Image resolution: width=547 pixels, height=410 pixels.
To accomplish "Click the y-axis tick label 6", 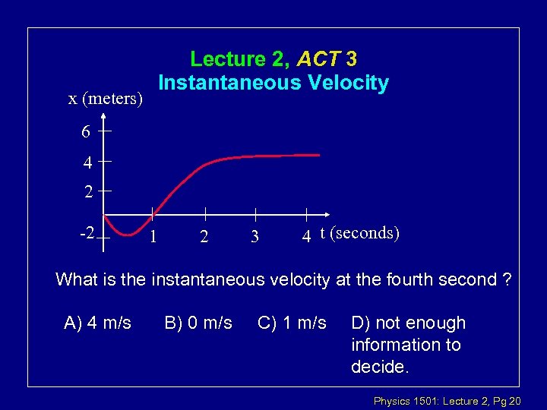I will pyautogui.click(x=86, y=132).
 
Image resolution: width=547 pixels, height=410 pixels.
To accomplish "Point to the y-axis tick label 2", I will pyautogui.click(x=89, y=192).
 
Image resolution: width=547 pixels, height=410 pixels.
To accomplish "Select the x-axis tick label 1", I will pyautogui.click(x=153, y=236).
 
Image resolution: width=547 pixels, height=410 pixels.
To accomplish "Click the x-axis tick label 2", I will pyautogui.click(x=204, y=237).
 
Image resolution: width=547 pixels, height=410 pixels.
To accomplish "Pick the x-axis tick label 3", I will pyautogui.click(x=255, y=237).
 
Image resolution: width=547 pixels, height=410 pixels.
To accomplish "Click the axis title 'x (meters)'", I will pyautogui.click(x=106, y=99).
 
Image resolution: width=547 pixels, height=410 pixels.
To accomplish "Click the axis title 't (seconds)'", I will pyautogui.click(x=359, y=232).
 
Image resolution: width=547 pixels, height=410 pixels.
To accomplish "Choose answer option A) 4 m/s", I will pyautogui.click(x=98, y=323).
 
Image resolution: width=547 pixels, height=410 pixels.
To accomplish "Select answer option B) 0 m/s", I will pyautogui.click(x=198, y=323).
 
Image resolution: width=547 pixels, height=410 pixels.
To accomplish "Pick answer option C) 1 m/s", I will pyautogui.click(x=292, y=323).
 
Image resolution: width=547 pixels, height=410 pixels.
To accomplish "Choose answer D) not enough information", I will pyautogui.click(x=408, y=345).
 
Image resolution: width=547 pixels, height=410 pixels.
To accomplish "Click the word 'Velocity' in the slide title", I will pyautogui.click(x=349, y=83).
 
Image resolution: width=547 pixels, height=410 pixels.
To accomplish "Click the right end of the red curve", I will pyautogui.click(x=319, y=155).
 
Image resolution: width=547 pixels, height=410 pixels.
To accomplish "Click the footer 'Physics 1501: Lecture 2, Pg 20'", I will pyautogui.click(x=447, y=400).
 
